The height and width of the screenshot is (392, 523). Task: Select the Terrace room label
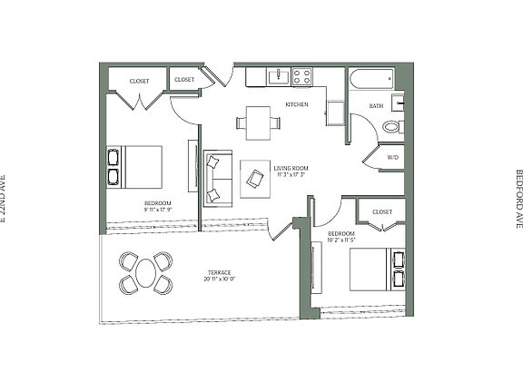point(219,272)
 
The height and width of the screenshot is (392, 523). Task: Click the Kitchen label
point(297,104)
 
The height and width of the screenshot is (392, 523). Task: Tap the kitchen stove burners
point(302,77)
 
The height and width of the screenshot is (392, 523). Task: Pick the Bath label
point(376,106)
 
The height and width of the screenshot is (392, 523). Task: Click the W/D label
point(392,157)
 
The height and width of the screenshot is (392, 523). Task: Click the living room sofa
point(215,177)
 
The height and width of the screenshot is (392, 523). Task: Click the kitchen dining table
point(258,122)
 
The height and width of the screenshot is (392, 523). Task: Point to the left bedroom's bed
point(136,167)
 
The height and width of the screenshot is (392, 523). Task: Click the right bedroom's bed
point(378,269)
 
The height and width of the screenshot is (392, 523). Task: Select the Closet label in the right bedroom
point(382,211)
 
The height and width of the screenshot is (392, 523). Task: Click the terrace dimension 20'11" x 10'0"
point(219,279)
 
